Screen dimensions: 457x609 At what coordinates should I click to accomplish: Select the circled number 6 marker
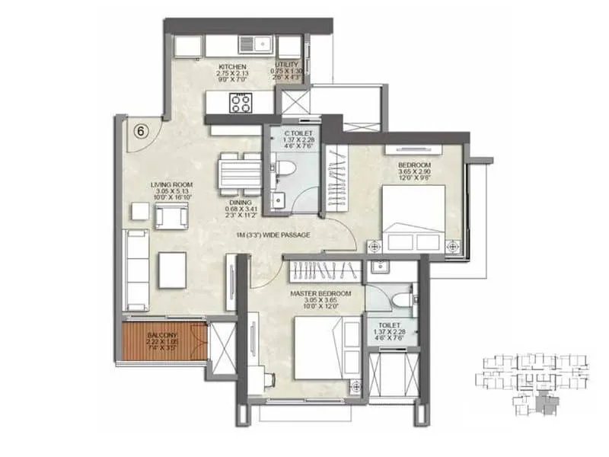tap(141, 129)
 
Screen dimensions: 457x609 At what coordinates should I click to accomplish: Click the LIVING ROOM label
tap(171, 184)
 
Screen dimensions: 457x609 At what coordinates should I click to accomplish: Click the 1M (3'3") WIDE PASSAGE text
tap(272, 235)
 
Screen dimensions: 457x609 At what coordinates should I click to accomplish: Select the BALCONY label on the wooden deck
tap(163, 335)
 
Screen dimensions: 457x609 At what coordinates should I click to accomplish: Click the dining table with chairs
tap(238, 173)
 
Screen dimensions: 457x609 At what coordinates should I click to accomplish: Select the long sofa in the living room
tap(138, 270)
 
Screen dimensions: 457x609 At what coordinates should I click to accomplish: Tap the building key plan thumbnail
tap(533, 381)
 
